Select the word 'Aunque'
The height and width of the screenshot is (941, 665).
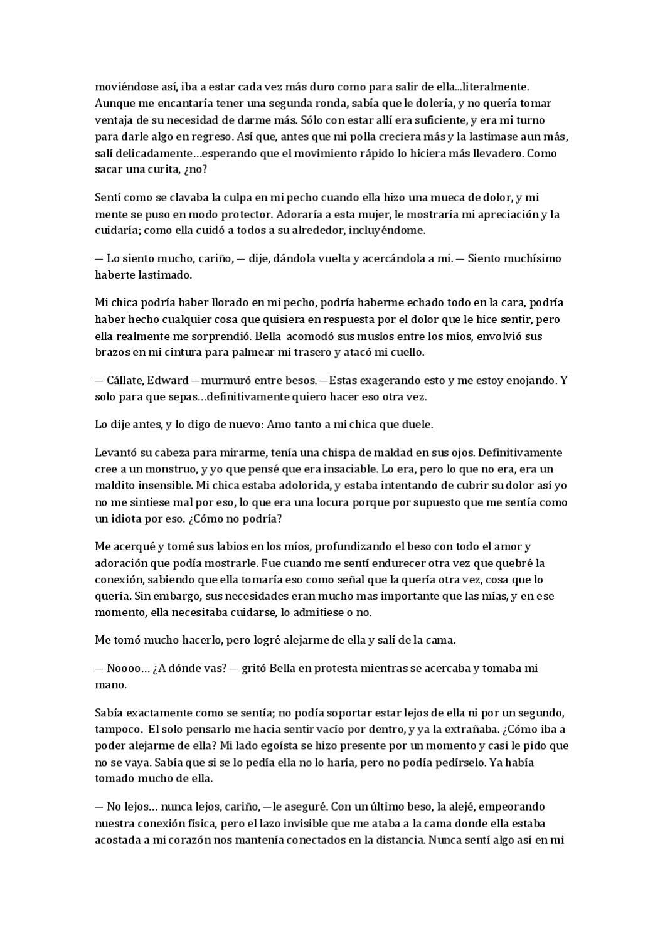point(112,103)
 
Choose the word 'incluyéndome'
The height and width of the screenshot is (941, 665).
point(393,230)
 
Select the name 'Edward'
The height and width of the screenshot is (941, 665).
point(168,380)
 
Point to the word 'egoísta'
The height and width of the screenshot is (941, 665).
point(263,746)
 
